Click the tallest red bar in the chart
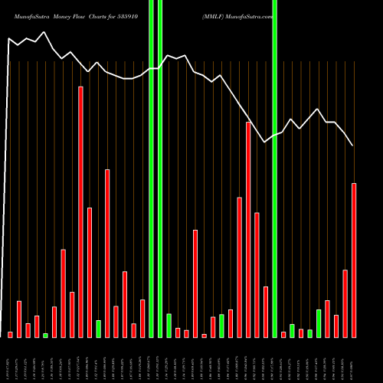point(80,211)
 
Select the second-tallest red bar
point(248,229)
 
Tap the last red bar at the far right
point(354,260)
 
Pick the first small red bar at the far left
point(10,334)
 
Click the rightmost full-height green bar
point(274,169)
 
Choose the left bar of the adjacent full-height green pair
point(151,169)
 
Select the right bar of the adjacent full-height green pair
point(160,169)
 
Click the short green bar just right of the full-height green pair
point(169,326)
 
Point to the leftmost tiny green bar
point(45,335)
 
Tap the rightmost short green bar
point(319,323)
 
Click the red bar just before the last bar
point(345,303)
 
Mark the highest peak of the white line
point(44,32)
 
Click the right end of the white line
point(352,145)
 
